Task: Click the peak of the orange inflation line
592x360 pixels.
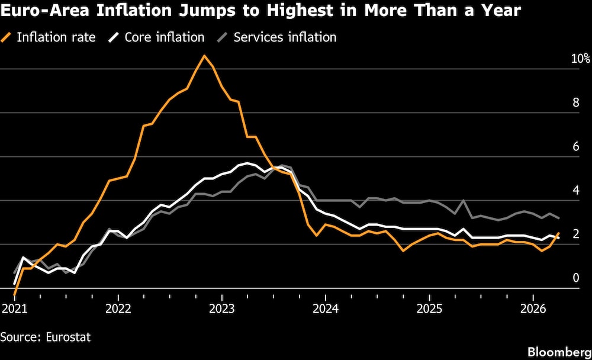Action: pos(204,56)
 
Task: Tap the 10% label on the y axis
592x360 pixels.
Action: pos(580,59)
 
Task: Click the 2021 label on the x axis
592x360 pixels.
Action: pos(14,308)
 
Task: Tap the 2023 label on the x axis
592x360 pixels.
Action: pos(221,308)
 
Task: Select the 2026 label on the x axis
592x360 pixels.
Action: pos(533,308)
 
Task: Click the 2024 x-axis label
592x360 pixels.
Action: pos(325,308)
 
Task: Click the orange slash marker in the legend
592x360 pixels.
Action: pos(7,37)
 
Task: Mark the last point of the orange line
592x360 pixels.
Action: pos(559,233)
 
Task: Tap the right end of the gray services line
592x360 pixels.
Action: pos(559,218)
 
